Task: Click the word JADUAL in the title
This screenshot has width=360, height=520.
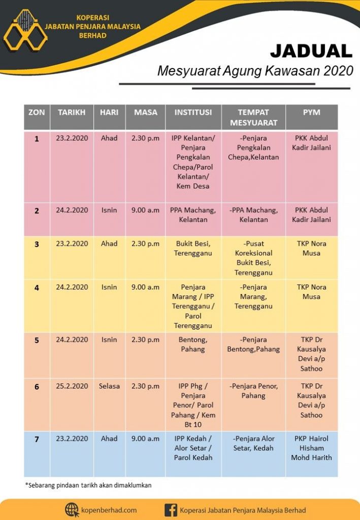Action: pyautogui.click(x=311, y=51)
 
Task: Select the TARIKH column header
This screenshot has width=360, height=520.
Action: pyautogui.click(x=72, y=112)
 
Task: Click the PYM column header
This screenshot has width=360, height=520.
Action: pyautogui.click(x=311, y=112)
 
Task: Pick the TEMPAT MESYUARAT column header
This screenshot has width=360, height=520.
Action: pyautogui.click(x=253, y=117)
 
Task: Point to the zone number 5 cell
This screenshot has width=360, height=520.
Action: pyautogui.click(x=37, y=340)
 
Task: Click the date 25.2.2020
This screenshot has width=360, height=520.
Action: pyautogui.click(x=72, y=386)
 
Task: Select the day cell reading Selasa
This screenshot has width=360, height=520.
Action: pyautogui.click(x=109, y=386)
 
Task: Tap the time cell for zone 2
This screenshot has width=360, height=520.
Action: pyautogui.click(x=145, y=210)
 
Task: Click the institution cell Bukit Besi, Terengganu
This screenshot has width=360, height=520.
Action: pyautogui.click(x=193, y=248)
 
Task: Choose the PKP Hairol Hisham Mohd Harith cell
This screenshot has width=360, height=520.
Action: pyautogui.click(x=311, y=448)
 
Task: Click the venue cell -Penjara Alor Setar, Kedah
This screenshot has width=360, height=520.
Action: pyautogui.click(x=253, y=443)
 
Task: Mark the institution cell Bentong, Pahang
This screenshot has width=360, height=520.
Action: pyautogui.click(x=193, y=344)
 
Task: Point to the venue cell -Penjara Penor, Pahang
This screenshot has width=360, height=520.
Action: pyautogui.click(x=253, y=391)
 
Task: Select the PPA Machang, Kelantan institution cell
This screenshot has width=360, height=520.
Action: pyautogui.click(x=193, y=215)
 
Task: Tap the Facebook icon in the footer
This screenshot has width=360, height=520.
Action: pyautogui.click(x=171, y=510)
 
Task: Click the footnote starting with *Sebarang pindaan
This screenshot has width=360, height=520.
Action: pyautogui.click(x=88, y=485)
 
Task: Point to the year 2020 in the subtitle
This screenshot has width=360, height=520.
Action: pyautogui.click(x=334, y=71)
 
